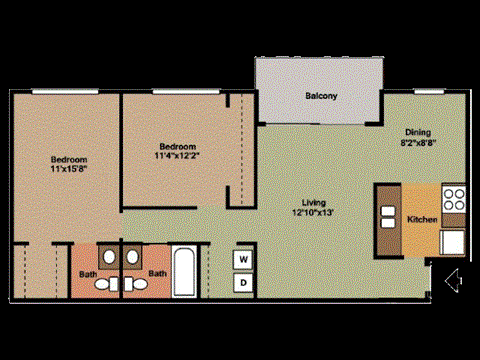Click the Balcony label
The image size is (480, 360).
click(321, 96)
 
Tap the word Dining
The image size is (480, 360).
click(417, 132)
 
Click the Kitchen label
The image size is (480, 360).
click(421, 219)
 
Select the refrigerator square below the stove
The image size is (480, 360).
click(454, 241)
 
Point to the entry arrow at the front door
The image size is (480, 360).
click(452, 278)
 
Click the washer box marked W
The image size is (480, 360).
click(243, 260)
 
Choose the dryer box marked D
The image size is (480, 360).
click(243, 283)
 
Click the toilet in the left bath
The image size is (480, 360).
click(106, 285)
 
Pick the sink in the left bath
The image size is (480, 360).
click(106, 259)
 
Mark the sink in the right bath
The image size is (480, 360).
click(134, 259)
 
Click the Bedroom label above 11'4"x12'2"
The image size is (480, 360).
click(176, 144)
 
